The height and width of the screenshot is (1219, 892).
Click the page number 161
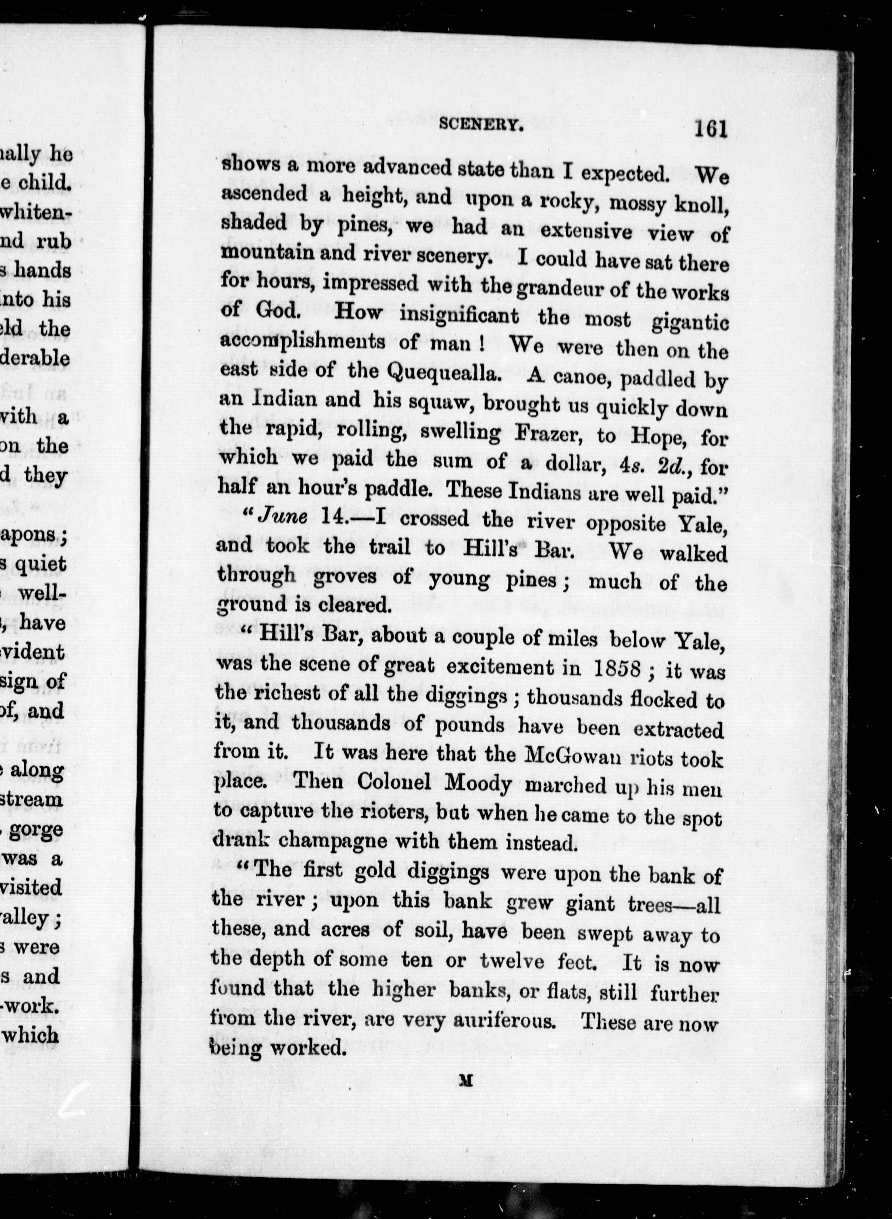pyautogui.click(x=711, y=130)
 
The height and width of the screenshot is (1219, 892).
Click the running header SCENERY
pyautogui.click(x=481, y=125)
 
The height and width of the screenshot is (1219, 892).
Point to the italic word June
pyautogui.click(x=283, y=516)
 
